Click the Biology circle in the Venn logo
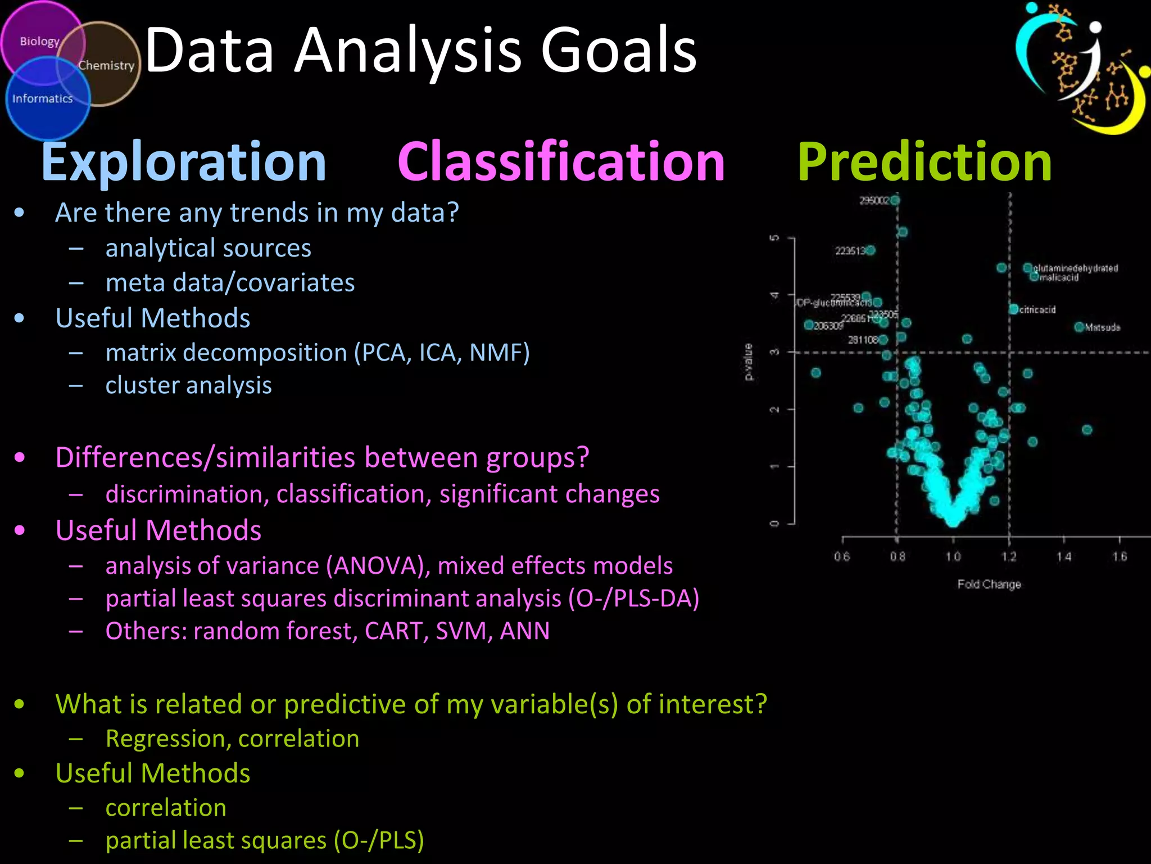click(39, 42)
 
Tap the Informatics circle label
click(43, 99)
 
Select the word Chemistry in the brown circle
click(106, 66)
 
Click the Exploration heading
click(184, 162)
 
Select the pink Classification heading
click(561, 162)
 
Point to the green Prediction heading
click(925, 162)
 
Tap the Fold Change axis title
click(989, 584)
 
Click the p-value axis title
click(749, 362)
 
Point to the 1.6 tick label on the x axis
click(1119, 557)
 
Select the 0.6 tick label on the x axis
click(841, 557)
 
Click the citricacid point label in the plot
click(1037, 310)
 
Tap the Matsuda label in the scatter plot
click(1102, 327)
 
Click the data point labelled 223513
click(871, 250)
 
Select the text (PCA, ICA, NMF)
click(442, 353)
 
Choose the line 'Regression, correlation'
click(232, 739)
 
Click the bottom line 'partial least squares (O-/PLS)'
click(264, 840)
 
